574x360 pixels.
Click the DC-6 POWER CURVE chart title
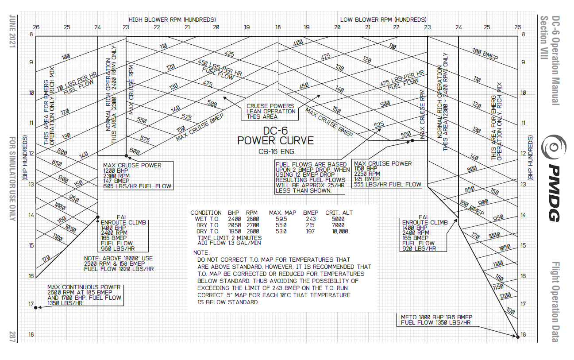[275, 136]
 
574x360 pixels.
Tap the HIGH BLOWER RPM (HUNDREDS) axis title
[172, 19]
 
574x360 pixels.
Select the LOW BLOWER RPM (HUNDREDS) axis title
[383, 19]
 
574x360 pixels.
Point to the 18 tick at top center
[278, 27]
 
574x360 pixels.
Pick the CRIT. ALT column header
[339, 213]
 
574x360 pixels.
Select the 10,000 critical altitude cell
[339, 231]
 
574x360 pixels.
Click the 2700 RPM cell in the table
[252, 225]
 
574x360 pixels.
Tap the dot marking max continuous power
[36, 307]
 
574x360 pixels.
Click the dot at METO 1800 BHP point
[518, 337]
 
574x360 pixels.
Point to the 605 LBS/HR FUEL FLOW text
[137, 186]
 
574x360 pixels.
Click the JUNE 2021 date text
[12, 33]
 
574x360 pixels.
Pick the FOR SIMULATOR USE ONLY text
[12, 177]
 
